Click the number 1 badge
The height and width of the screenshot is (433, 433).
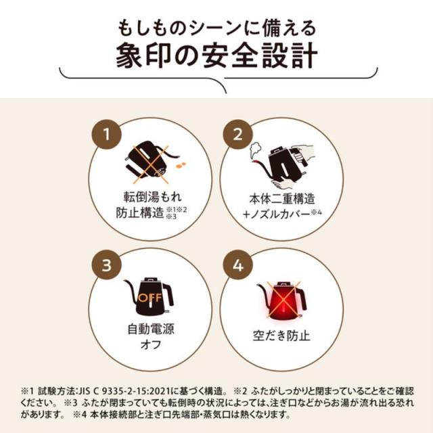click(x=106, y=133)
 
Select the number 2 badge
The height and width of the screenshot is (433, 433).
click(x=237, y=133)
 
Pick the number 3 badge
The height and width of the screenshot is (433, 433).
click(x=106, y=265)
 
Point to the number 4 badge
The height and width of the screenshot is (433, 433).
click(x=237, y=265)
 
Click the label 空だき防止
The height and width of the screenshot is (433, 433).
click(x=280, y=336)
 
